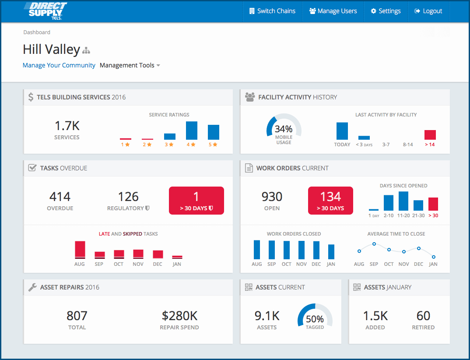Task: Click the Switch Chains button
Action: point(272,11)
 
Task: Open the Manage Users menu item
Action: point(333,11)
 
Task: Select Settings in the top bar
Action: point(386,11)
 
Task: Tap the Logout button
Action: point(428,11)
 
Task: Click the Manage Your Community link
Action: point(59,65)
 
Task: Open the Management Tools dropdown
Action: point(130,65)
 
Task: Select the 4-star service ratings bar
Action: point(192,131)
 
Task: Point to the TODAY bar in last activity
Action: point(342,131)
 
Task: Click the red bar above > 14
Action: point(430,135)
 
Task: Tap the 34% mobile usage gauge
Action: point(284,130)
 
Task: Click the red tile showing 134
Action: point(330,201)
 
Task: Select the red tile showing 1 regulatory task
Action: point(196,201)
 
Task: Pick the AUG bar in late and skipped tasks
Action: point(80,250)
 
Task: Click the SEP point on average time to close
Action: point(374,244)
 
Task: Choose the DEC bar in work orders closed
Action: point(316,251)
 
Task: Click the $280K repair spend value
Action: point(179,316)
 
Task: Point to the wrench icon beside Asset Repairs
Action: point(32,287)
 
